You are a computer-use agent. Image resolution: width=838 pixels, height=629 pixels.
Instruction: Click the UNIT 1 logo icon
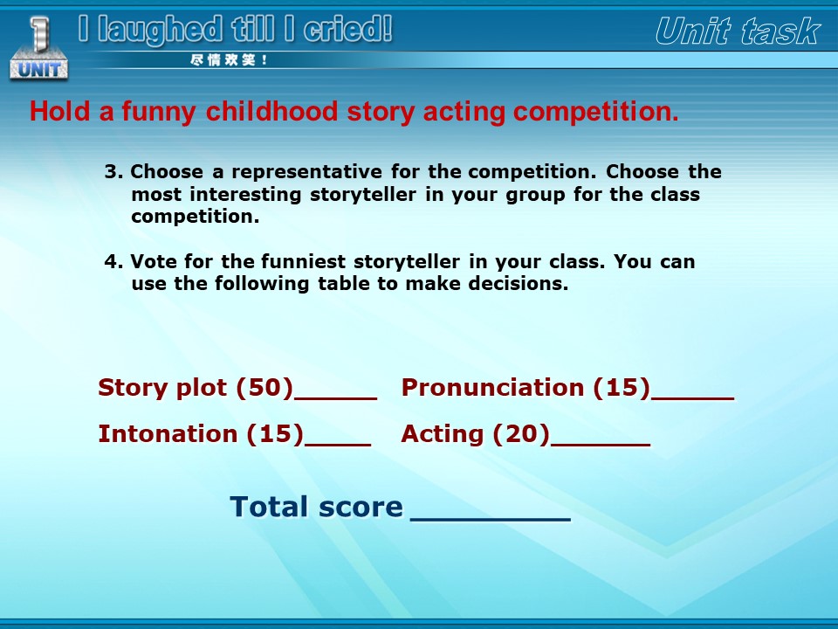pyautogui.click(x=38, y=48)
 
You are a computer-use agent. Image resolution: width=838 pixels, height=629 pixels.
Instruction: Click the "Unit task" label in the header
pyautogui.click(x=738, y=31)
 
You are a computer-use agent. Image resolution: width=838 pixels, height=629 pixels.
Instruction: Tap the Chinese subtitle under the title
pyautogui.click(x=229, y=60)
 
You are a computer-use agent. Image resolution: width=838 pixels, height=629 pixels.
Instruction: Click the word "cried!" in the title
pyautogui.click(x=348, y=30)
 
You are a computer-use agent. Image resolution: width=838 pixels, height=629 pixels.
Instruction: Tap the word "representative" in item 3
pyautogui.click(x=306, y=172)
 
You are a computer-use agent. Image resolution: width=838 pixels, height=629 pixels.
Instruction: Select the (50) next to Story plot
pyautogui.click(x=265, y=387)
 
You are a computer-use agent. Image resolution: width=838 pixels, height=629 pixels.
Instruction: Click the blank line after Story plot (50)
pyautogui.click(x=335, y=398)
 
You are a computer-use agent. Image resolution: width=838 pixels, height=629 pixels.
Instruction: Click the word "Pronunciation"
pyautogui.click(x=492, y=387)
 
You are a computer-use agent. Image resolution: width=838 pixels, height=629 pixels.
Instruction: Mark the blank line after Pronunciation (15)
pyautogui.click(x=692, y=398)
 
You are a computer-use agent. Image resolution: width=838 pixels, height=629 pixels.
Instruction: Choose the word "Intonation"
pyautogui.click(x=168, y=434)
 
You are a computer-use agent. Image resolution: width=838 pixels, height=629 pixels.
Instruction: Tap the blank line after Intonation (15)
pyautogui.click(x=338, y=445)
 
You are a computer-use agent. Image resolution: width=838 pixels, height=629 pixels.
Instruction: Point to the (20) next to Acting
pyautogui.click(x=521, y=434)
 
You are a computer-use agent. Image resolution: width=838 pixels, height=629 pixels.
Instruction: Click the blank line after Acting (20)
pyautogui.click(x=601, y=445)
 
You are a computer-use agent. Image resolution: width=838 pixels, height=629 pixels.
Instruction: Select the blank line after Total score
pyautogui.click(x=491, y=519)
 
